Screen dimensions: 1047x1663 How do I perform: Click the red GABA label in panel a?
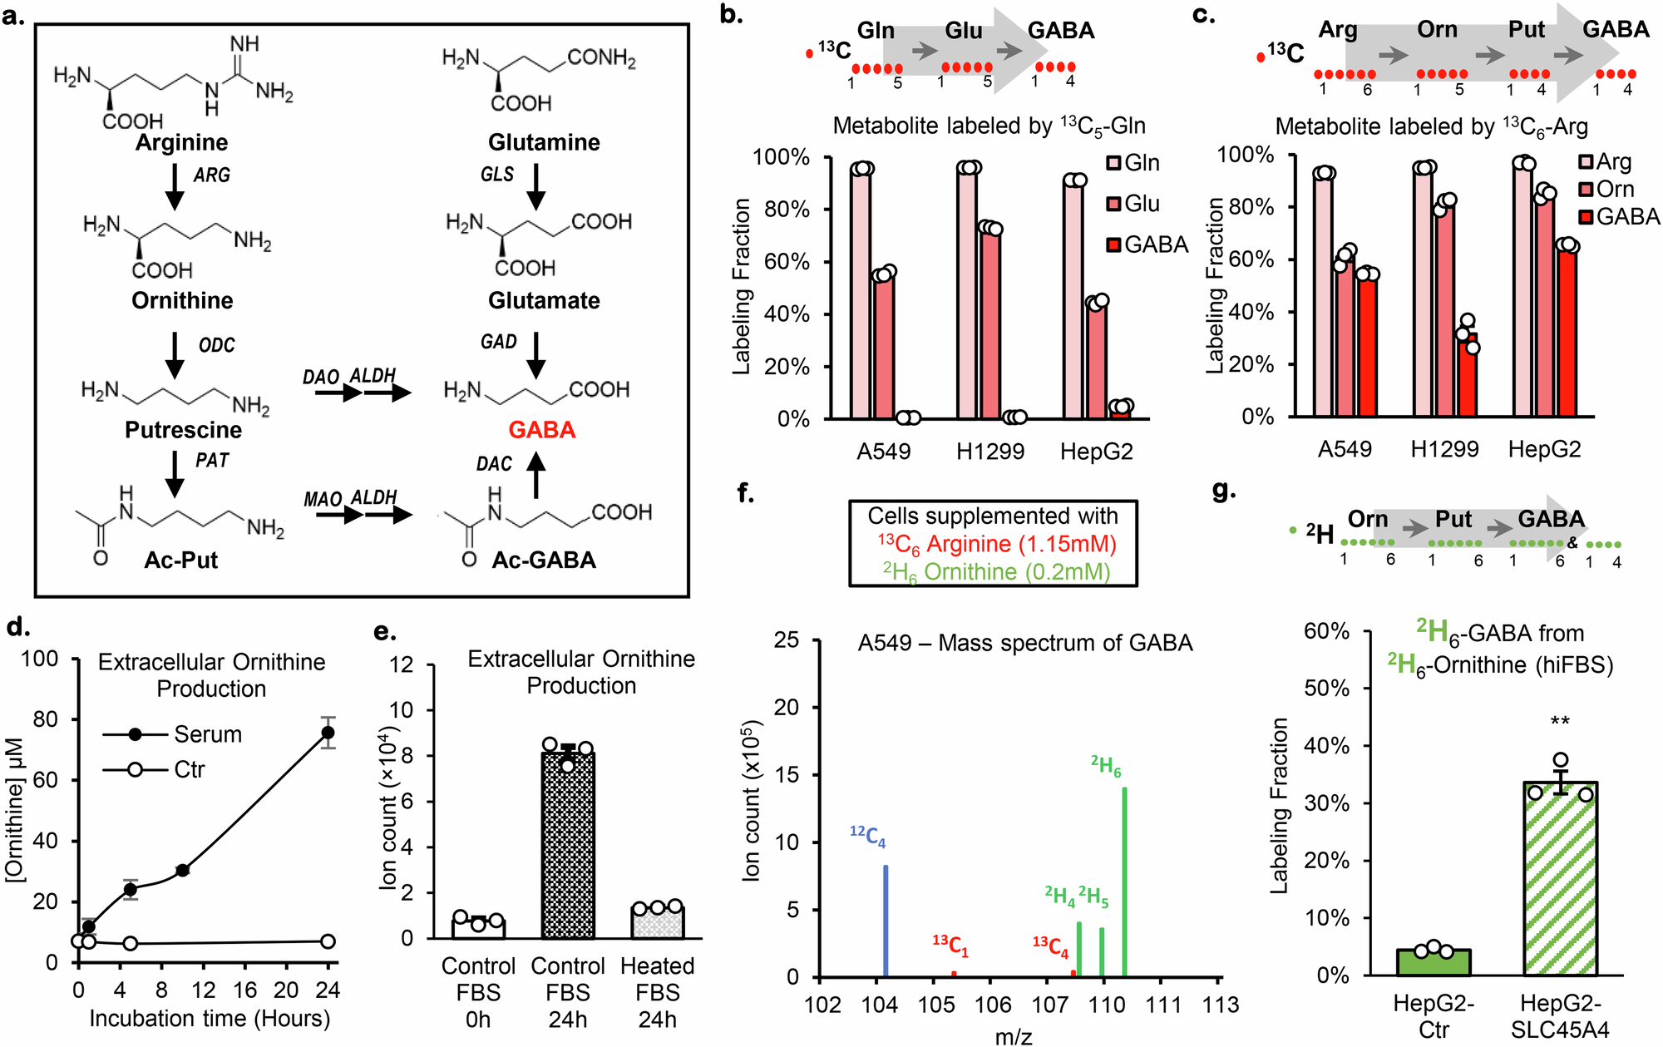tap(542, 430)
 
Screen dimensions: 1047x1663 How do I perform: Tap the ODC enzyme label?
tap(216, 345)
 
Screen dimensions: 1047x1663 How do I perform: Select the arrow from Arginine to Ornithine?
tap(175, 187)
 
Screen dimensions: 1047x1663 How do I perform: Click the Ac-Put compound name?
tap(180, 560)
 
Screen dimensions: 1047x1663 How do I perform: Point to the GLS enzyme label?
tap(497, 175)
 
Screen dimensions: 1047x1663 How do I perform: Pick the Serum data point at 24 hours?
tap(328, 733)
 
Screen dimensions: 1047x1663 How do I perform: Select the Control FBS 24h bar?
tap(568, 844)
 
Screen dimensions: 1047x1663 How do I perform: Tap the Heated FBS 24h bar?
tap(657, 922)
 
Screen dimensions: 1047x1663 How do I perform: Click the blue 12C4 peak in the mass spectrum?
tap(886, 920)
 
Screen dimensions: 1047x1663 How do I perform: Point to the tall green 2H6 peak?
tap(1124, 882)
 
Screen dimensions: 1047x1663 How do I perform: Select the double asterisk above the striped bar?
tap(1560, 721)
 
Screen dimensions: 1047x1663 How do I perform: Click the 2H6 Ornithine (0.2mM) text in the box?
tap(996, 572)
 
